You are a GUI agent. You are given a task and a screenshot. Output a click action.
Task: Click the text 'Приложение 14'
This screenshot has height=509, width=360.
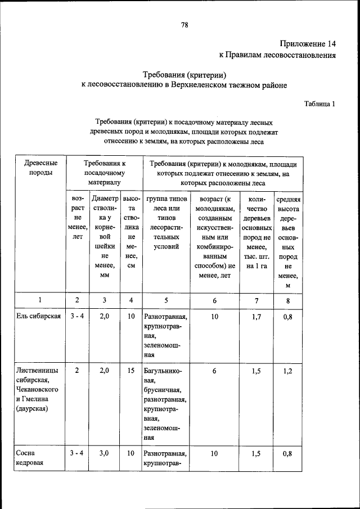pyautogui.click(x=308, y=43)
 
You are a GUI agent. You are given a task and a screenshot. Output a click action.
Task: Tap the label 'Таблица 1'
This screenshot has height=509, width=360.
pyautogui.click(x=319, y=103)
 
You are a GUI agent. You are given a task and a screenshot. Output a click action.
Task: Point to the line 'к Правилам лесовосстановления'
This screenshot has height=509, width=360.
pyautogui.click(x=277, y=55)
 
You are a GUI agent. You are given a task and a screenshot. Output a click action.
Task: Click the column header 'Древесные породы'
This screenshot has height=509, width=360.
pyautogui.click(x=40, y=168)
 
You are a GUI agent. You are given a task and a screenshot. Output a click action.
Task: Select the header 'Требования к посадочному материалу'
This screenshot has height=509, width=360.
pyautogui.click(x=104, y=173)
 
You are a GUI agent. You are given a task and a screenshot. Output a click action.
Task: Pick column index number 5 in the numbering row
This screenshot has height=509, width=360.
pyautogui.click(x=165, y=300)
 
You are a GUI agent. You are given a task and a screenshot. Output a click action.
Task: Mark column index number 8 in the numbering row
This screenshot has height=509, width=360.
pyautogui.click(x=287, y=300)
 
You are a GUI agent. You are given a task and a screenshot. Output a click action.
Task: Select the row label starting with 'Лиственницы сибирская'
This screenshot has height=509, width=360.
pyautogui.click(x=37, y=388)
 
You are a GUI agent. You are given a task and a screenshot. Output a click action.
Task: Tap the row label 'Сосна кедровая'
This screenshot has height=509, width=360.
pyautogui.click(x=26, y=459)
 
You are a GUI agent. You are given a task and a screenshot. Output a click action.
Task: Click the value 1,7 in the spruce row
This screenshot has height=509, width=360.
pyautogui.click(x=256, y=317)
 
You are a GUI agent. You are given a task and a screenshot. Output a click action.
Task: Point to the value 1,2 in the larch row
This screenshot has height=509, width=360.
pyautogui.click(x=287, y=371)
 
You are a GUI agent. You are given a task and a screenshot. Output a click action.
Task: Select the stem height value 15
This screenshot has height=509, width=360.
pyautogui.click(x=130, y=371)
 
